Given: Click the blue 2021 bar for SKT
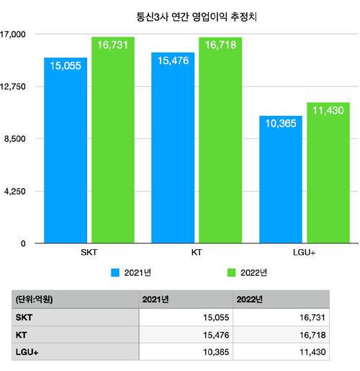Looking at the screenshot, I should click(66, 151).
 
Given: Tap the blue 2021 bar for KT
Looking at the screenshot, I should click(173, 148).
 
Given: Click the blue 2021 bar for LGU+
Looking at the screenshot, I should click(281, 180).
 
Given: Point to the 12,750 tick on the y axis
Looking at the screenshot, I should click(14, 86).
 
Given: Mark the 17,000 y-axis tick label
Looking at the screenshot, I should click(14, 34).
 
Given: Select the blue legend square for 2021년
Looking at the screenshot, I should click(115, 273).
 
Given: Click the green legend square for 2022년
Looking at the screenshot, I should click(232, 273).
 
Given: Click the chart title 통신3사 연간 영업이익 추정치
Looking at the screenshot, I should click(186, 14).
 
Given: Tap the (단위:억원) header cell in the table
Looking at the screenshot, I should click(35, 299).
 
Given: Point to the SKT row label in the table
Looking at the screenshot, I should click(24, 317).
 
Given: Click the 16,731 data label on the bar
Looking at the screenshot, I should click(112, 45).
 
